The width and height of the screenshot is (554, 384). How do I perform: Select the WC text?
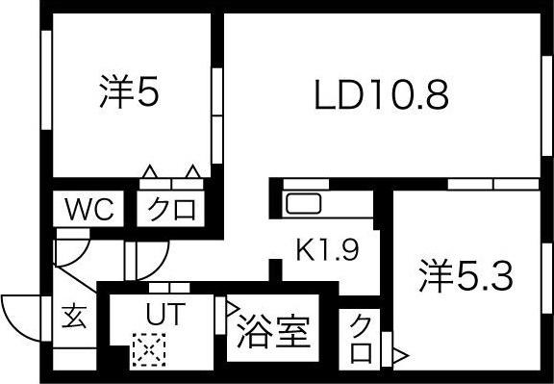[x=88, y=208]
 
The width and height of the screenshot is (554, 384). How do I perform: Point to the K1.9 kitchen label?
[x=327, y=252]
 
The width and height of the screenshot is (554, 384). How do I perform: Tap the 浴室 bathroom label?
[x=272, y=333]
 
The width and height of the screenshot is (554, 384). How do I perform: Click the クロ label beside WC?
[x=173, y=209]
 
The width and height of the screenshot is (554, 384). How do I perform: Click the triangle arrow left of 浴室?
[x=233, y=310]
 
